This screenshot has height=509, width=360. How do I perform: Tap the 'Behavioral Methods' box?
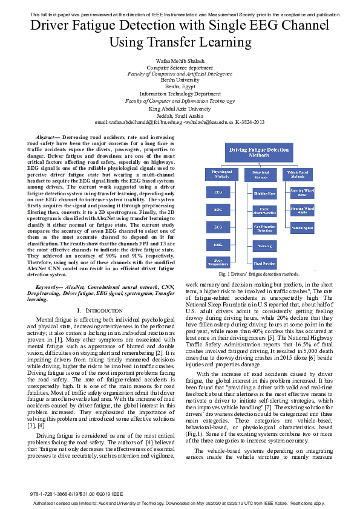tap(260, 175)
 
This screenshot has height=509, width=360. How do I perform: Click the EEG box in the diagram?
tap(218, 193)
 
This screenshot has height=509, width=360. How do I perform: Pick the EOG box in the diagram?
tap(218, 210)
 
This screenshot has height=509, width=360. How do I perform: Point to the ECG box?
tap(218, 228)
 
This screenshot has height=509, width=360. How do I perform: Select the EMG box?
tap(218, 245)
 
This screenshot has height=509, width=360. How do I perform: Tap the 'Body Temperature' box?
tap(218, 263)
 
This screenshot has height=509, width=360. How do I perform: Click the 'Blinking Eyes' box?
tap(264, 193)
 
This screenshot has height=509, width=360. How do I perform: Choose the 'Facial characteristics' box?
tap(264, 211)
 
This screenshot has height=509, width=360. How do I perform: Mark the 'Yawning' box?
tap(264, 246)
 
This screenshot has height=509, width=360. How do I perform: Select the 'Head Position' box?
tap(264, 264)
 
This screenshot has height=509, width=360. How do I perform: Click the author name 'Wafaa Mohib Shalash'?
tap(180, 62)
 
